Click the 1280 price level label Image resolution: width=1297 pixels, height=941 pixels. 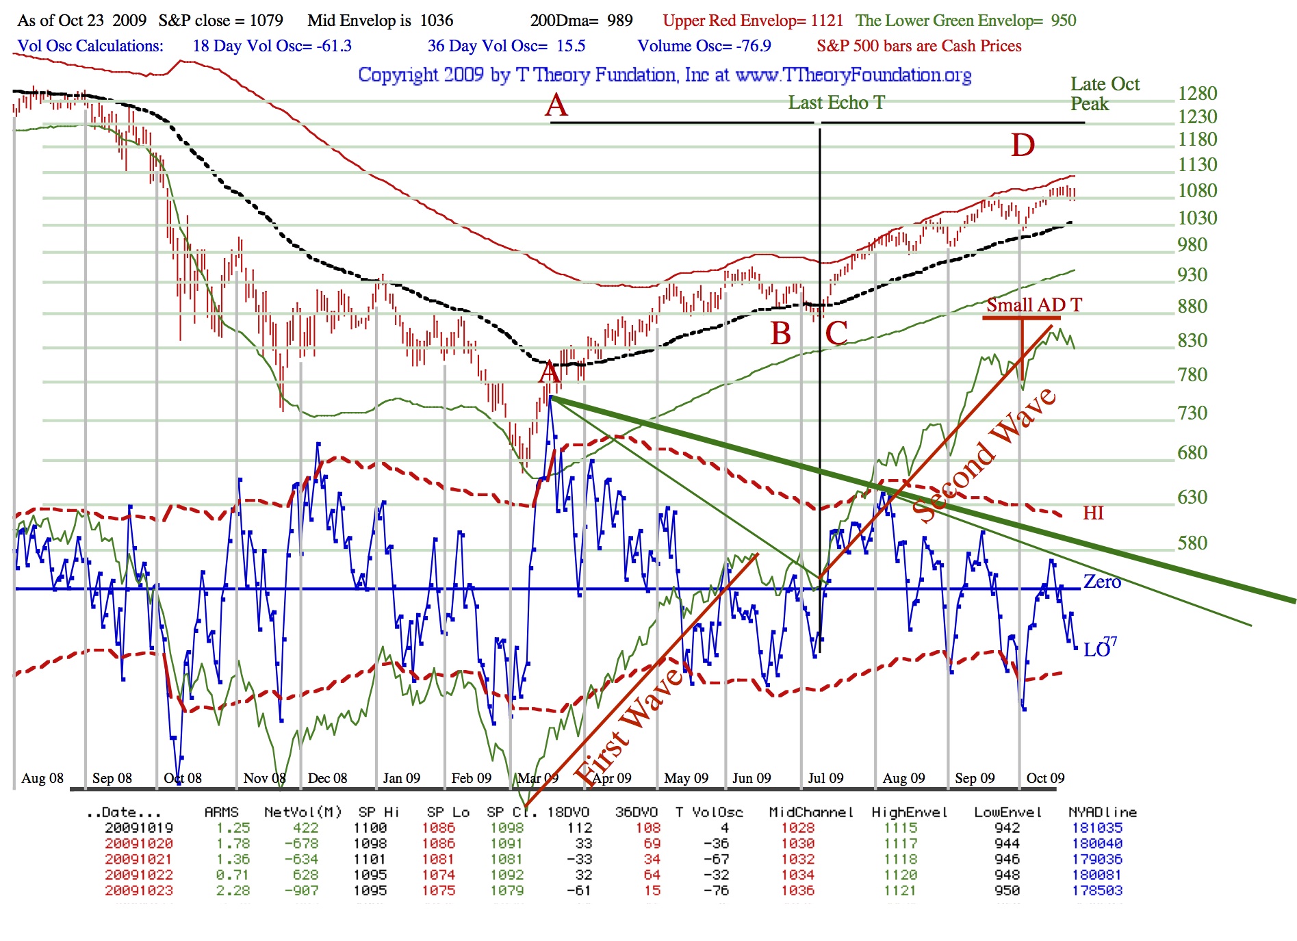coord(1197,94)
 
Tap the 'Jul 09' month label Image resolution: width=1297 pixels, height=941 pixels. coord(825,778)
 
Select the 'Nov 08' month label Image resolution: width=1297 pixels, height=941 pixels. coord(264,778)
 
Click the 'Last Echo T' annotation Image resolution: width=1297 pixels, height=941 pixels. coord(836,103)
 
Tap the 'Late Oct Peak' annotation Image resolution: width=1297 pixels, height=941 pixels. coord(1104,94)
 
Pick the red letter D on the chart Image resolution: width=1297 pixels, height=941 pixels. coord(1023,145)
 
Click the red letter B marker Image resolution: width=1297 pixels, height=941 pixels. coord(780,333)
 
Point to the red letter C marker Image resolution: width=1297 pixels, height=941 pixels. coord(836,333)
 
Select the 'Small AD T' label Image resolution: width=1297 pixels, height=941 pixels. coord(1033,305)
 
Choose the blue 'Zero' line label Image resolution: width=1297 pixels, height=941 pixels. coord(1101,582)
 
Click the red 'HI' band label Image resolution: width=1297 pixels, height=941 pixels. coord(1093,513)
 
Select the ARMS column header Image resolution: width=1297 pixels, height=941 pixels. coord(221,812)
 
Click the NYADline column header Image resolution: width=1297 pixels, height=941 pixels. coord(1102,812)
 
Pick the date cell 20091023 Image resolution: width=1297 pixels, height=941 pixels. coord(139,891)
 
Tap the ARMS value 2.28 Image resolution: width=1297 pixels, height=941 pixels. coord(233,891)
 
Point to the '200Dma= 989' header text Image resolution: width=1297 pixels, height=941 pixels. coord(581,21)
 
